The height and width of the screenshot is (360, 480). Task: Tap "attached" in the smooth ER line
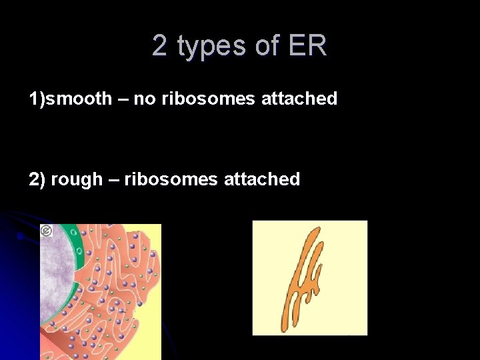[x=299, y=99]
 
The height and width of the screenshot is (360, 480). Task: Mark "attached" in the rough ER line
[x=262, y=179]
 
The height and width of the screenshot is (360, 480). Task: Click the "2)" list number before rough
[x=37, y=179]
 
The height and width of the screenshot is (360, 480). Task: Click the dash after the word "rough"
[x=113, y=179]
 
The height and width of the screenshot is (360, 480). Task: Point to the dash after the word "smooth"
[x=123, y=99]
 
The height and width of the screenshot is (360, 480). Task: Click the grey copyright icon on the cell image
[x=46, y=231]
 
